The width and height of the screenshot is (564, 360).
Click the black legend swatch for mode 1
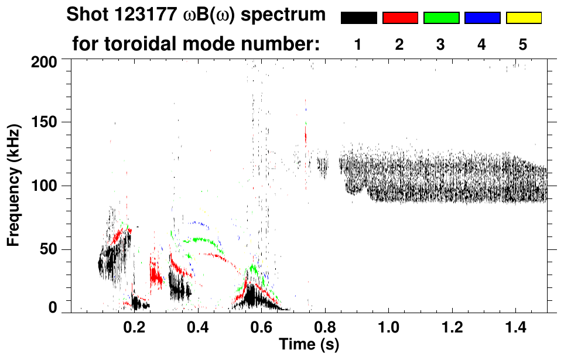tap(358, 18)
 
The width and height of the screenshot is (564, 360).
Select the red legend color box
tap(400, 18)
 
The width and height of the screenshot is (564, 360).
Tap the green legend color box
tap(441, 18)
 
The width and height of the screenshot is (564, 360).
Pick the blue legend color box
tap(482, 18)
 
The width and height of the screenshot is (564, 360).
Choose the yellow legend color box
tap(524, 18)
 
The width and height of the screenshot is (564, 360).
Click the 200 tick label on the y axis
tap(49, 61)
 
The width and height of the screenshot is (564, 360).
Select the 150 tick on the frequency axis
tap(49, 123)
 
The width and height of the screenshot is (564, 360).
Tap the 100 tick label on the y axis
tap(49, 186)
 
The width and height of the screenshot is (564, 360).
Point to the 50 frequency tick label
tap(52, 249)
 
